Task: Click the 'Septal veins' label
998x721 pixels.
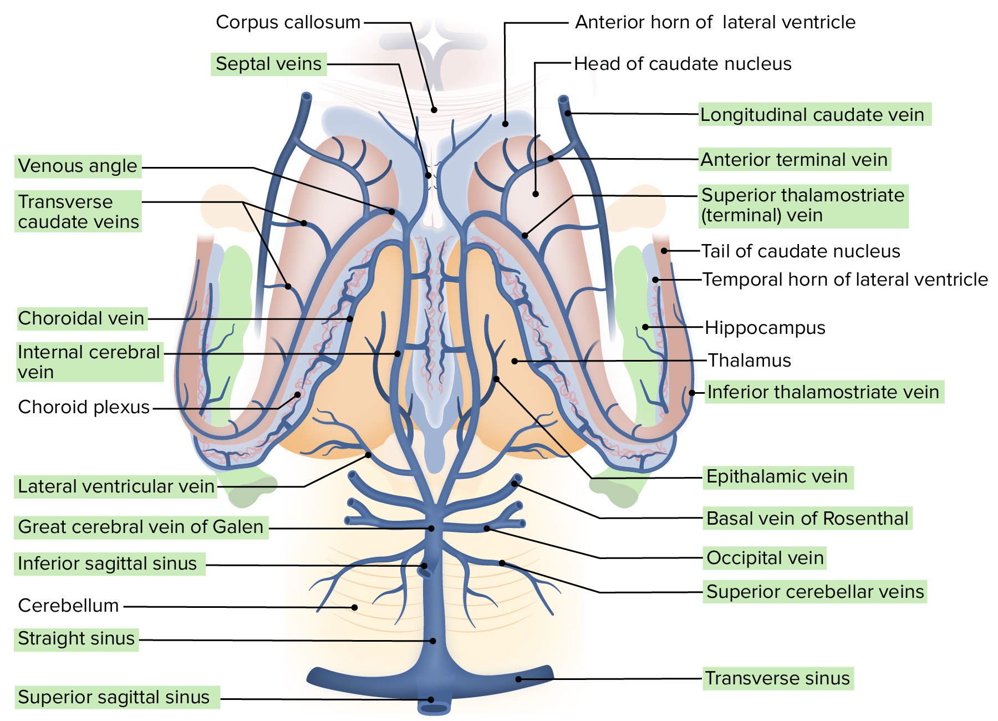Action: tap(268, 64)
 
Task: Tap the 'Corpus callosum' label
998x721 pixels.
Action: tap(288, 22)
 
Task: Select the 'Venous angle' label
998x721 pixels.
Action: tap(78, 166)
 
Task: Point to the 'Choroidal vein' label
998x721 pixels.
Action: tap(82, 318)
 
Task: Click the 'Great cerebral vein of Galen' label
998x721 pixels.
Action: tap(141, 527)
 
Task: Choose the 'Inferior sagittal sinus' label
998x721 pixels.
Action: tap(108, 563)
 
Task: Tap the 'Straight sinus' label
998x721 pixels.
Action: tap(77, 638)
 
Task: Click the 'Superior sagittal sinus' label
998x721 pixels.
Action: tap(114, 697)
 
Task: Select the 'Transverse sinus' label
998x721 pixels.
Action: tap(777, 678)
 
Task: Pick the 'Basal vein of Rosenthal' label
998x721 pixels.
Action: tap(807, 519)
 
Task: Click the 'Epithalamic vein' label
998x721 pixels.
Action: tap(777, 476)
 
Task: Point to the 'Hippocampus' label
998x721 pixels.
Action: tap(765, 328)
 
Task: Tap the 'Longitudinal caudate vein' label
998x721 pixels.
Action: tap(812, 115)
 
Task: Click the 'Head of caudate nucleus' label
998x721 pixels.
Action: tap(683, 64)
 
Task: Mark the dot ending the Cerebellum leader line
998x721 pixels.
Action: tap(355, 607)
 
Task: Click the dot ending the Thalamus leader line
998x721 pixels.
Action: tap(515, 361)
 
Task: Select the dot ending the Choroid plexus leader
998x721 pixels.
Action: tap(298, 395)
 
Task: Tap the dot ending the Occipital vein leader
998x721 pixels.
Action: tap(486, 529)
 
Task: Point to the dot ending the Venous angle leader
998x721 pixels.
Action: tap(391, 212)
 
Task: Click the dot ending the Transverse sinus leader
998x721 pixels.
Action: tap(518, 679)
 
